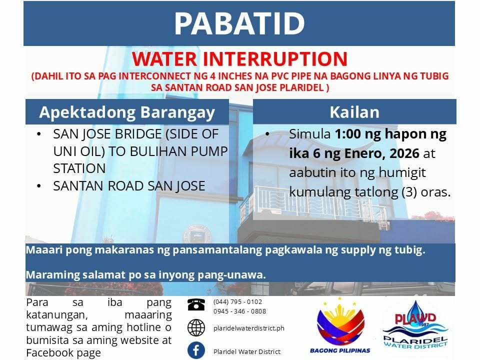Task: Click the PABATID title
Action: pos(239,24)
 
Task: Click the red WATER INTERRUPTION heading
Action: pos(239,59)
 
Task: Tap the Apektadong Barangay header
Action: pos(127,112)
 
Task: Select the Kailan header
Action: pos(354,112)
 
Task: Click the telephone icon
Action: pos(196,304)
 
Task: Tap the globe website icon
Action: pos(196,327)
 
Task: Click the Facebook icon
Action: pos(196,350)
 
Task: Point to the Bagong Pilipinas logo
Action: pos(340,325)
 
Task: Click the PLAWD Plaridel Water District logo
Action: pos(415,325)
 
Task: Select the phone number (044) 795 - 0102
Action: pos(237,302)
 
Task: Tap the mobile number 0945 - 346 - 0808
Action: pos(239,311)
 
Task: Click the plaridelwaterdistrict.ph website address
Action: pos(249,328)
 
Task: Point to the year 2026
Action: pos(404,153)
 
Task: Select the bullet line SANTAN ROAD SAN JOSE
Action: pos(129,186)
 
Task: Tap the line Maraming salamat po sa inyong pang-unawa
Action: pos(145,275)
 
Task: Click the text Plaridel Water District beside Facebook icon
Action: pos(246,351)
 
